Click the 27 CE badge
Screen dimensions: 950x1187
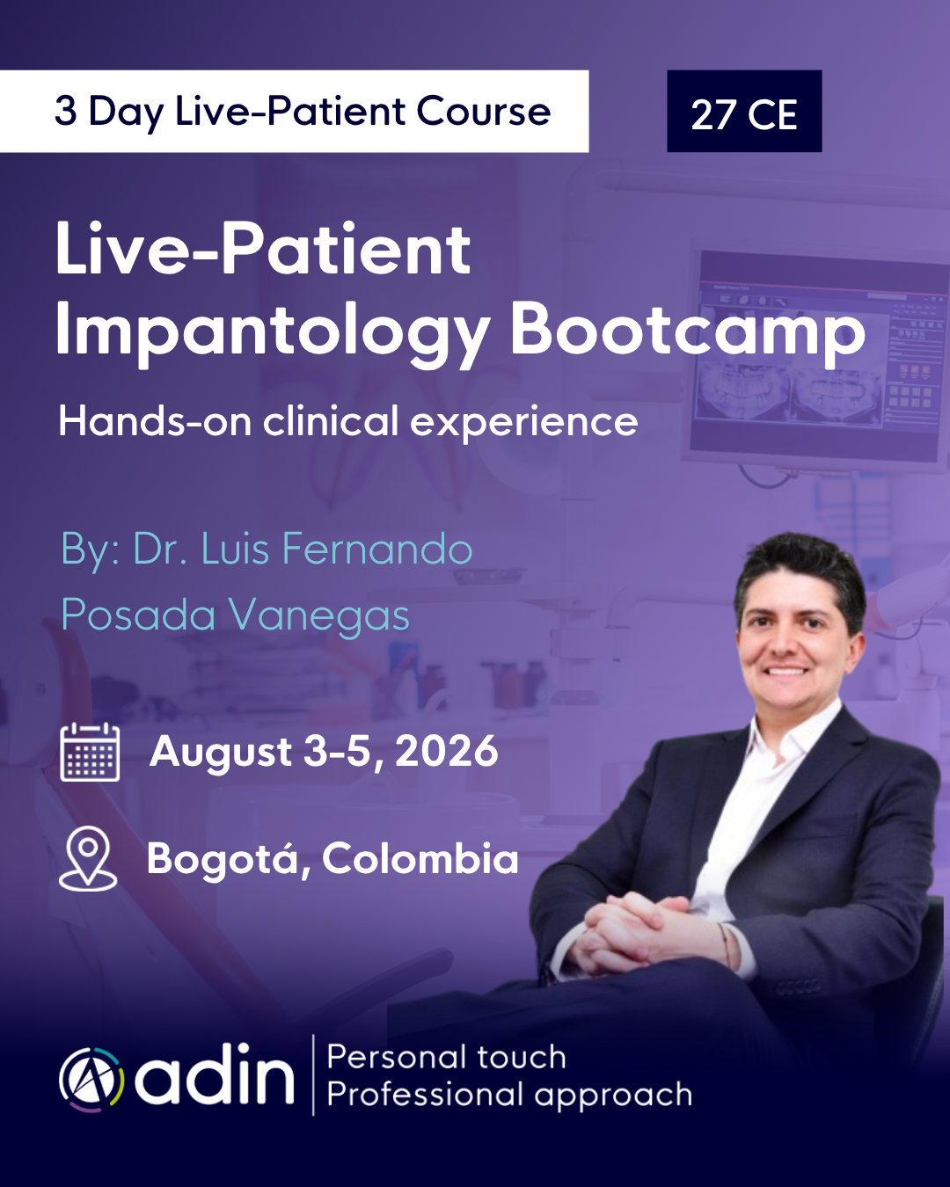[x=744, y=111]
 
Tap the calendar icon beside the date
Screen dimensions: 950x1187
[x=90, y=752]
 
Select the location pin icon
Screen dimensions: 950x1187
[x=88, y=859]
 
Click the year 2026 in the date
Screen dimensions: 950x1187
[x=447, y=751]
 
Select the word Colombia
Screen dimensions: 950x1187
[x=420, y=859]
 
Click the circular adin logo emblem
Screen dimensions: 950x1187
[x=91, y=1080]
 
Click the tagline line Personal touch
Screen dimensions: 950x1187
[x=446, y=1058]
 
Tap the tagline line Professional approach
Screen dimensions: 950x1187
[x=509, y=1096]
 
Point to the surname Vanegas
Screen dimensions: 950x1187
[x=319, y=615]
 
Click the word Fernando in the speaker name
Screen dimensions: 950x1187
[x=377, y=550]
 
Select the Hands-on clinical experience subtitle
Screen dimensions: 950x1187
[x=348, y=422]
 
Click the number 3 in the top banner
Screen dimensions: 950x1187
[x=65, y=111]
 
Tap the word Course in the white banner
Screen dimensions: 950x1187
[x=484, y=111]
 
